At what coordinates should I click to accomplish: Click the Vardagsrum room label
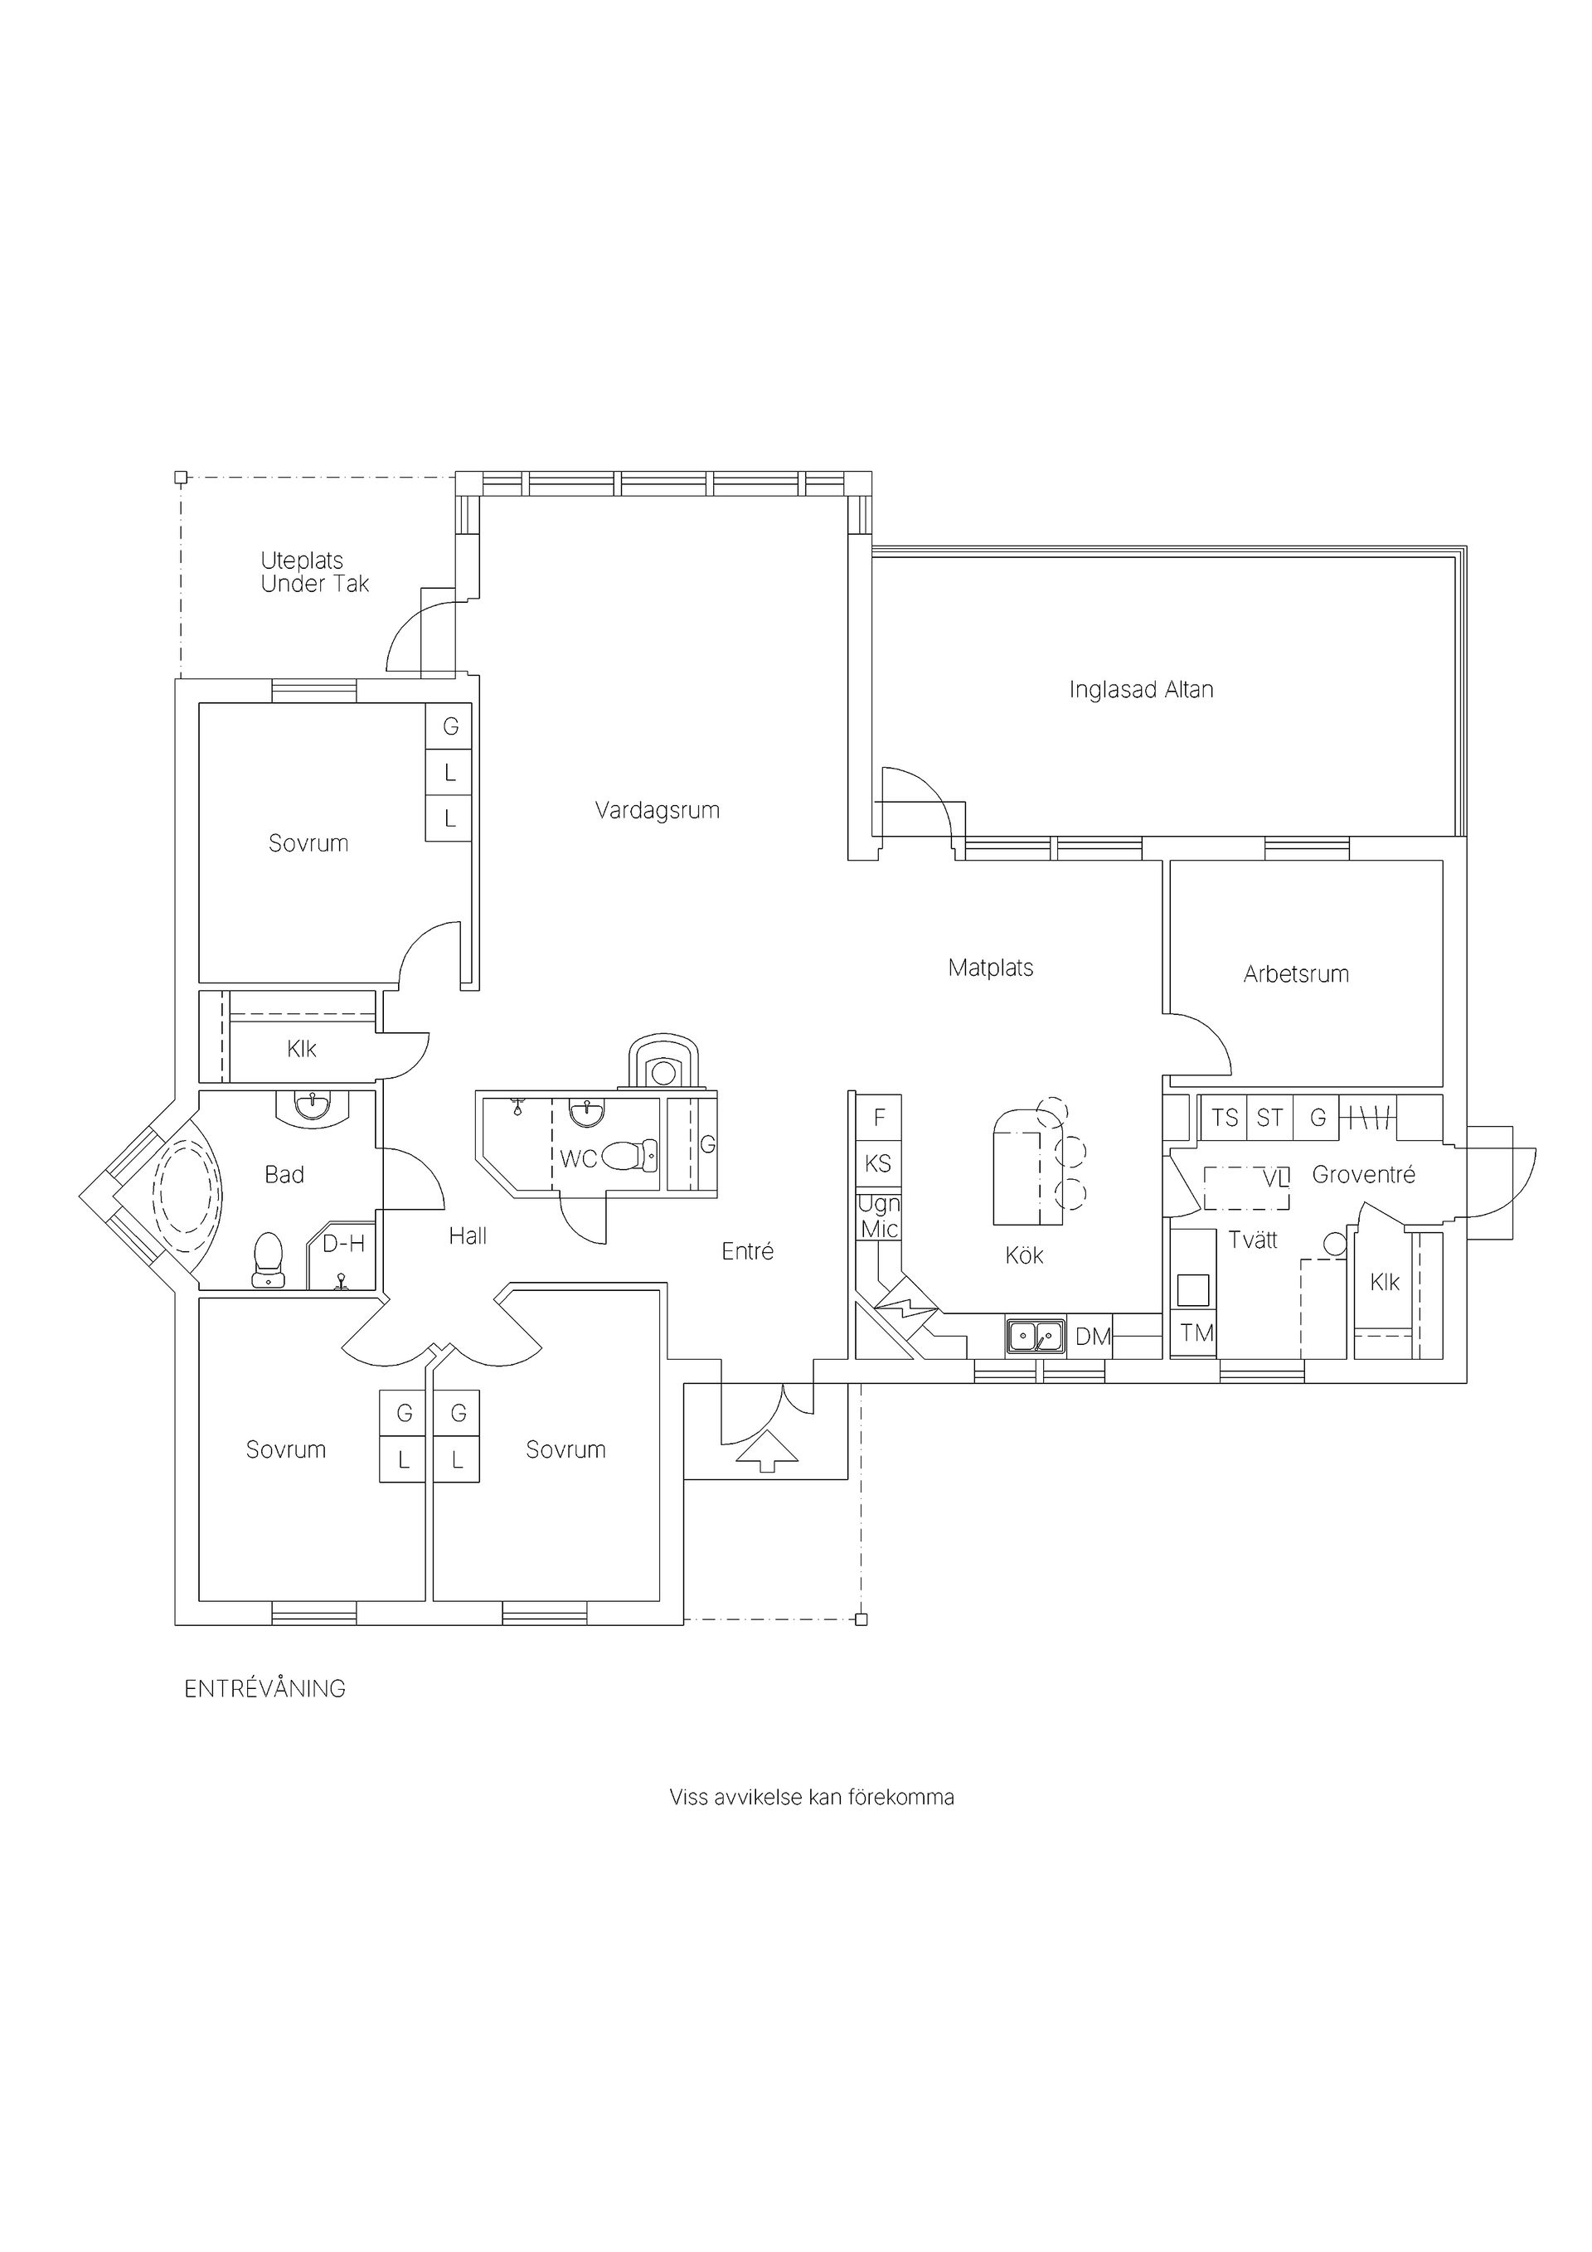(658, 810)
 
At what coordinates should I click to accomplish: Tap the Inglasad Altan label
(1141, 690)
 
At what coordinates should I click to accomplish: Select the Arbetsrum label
(1296, 974)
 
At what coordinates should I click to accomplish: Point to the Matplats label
(991, 968)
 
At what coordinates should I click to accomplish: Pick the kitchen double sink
(1035, 1336)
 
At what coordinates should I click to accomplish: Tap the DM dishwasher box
(1093, 1336)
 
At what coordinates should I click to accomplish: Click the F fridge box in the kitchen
(879, 1117)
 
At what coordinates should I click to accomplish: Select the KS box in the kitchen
(879, 1164)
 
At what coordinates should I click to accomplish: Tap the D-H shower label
(343, 1244)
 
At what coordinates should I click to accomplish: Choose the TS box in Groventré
(1224, 1117)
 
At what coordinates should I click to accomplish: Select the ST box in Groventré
(1270, 1117)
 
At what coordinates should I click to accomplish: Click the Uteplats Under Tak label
(315, 573)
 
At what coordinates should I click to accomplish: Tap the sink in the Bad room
(313, 1106)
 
